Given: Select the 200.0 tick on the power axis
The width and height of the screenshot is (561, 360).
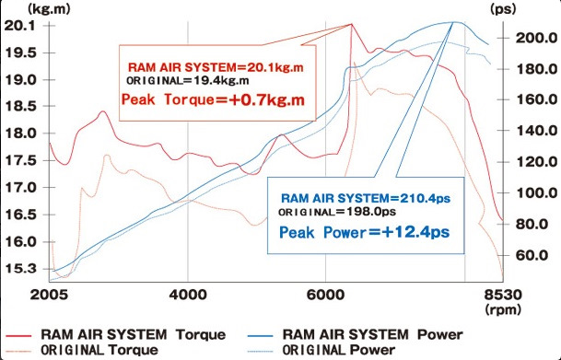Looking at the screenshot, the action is [x=536, y=38].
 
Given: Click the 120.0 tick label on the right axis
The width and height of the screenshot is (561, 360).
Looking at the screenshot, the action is [x=536, y=162].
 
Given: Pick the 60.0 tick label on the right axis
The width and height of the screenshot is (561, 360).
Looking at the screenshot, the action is [x=532, y=255].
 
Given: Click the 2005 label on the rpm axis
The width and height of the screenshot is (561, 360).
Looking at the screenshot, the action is [x=49, y=296].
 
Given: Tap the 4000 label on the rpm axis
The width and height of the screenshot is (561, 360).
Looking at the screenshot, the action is [x=188, y=296].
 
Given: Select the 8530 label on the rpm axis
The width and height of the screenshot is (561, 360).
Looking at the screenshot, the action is [x=503, y=296].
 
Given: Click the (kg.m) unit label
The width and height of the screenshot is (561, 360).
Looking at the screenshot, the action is [x=49, y=9].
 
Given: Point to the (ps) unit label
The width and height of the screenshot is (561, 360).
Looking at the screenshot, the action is [x=503, y=9].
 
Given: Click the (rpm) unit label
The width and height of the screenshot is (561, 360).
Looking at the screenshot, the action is [x=503, y=309].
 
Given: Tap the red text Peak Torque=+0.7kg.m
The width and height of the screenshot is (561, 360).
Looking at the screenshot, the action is [x=213, y=99].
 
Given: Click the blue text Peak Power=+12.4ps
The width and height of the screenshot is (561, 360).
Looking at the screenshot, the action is [x=364, y=232].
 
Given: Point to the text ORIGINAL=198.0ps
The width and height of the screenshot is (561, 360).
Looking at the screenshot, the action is [x=337, y=212].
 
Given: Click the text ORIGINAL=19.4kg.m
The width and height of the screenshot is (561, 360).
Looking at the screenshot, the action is [x=188, y=80].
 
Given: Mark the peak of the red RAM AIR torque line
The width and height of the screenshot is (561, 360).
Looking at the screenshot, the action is [x=351, y=24].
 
